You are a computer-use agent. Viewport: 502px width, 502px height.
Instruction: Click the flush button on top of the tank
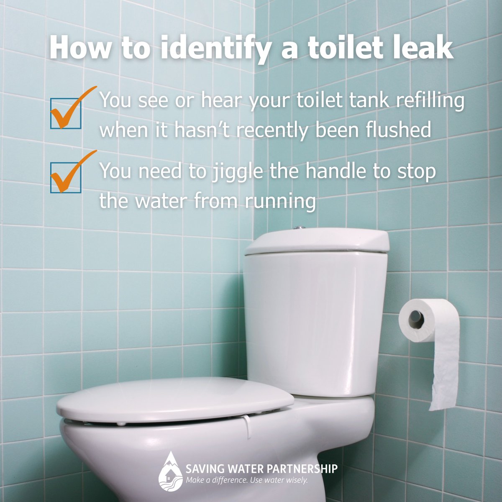pos(300,228)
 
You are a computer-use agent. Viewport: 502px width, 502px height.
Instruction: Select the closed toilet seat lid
pos(176,397)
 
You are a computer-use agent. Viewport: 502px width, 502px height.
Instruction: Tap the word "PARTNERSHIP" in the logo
pos(302,469)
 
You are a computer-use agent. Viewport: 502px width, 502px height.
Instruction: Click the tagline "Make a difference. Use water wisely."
pos(247,480)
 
